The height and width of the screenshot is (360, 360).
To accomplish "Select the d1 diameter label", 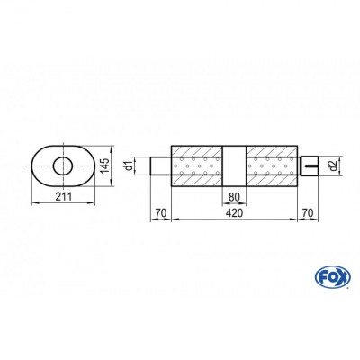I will pyautogui.click(x=130, y=165).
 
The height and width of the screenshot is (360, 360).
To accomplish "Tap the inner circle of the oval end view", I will pyautogui.click(x=64, y=165).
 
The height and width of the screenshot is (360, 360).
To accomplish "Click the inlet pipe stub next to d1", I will pyautogui.click(x=162, y=166).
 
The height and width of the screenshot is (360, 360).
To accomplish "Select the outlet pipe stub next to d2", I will pyautogui.click(x=308, y=166).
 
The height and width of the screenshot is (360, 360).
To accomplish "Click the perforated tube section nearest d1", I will pyautogui.click(x=196, y=166).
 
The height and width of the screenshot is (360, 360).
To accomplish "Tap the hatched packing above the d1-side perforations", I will pyautogui.click(x=196, y=150).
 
